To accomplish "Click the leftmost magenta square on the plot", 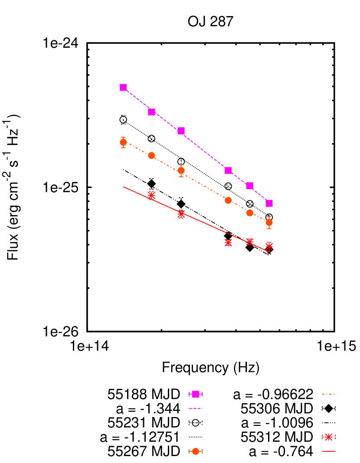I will (x=123, y=87).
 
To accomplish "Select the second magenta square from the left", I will (x=151, y=112).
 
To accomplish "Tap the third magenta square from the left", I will (x=181, y=131).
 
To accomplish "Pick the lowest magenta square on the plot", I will (x=269, y=203).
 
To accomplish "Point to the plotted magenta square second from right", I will (x=250, y=186).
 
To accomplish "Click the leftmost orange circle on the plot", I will (x=123, y=142).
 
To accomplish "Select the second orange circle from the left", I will (x=151, y=155).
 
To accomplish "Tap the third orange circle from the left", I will (x=181, y=170).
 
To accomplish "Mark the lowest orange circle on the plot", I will (x=269, y=222).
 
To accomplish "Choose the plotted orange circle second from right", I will (x=250, y=213).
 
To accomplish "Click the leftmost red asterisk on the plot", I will (x=151, y=195).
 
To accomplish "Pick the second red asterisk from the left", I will (x=181, y=214).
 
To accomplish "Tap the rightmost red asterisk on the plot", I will (x=269, y=246).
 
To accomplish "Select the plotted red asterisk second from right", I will (x=250, y=241).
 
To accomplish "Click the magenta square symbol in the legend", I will (x=196, y=394).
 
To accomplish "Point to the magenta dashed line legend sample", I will (x=196, y=408).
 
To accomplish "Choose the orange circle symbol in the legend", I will (x=196, y=451).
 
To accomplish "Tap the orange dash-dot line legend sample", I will (x=328, y=394).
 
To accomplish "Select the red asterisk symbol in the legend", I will (x=328, y=437).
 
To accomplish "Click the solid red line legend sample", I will (x=328, y=451).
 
